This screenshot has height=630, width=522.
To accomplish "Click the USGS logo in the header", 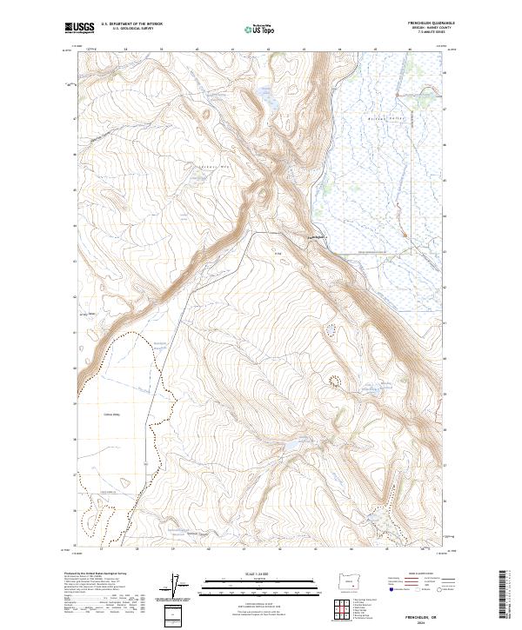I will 80,28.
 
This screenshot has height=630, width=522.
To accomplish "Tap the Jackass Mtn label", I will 209,162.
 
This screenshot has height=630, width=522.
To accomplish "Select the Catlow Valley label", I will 111,415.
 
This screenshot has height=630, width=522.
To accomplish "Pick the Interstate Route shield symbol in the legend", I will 391,589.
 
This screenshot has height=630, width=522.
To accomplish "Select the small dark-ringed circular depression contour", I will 333,379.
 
